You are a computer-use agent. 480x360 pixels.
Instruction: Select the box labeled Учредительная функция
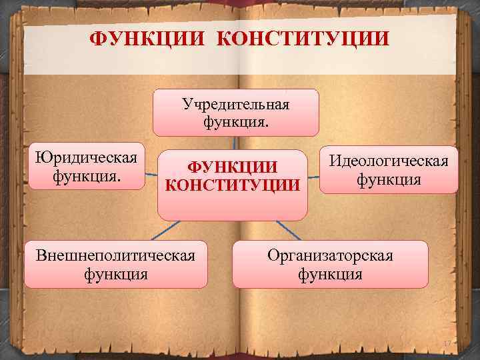coord(235,113)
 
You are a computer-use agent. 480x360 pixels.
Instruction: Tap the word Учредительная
coord(235,104)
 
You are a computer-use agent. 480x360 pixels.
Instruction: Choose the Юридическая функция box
coord(87,166)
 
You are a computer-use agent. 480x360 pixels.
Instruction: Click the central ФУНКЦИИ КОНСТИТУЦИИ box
coord(233,183)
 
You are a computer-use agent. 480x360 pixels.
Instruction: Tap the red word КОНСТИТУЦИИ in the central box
coord(233,185)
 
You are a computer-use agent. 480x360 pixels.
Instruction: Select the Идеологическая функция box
coord(389,170)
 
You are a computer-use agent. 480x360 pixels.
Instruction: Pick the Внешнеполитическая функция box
coord(116,264)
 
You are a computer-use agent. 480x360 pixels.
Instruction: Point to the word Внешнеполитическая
coord(116,255)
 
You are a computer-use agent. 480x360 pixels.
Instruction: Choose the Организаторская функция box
coord(330,264)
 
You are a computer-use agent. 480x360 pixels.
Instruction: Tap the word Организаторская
coord(330,255)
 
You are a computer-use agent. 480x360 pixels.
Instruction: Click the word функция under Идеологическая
coord(389,179)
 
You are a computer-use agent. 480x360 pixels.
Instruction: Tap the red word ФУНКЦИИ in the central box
coord(233,167)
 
